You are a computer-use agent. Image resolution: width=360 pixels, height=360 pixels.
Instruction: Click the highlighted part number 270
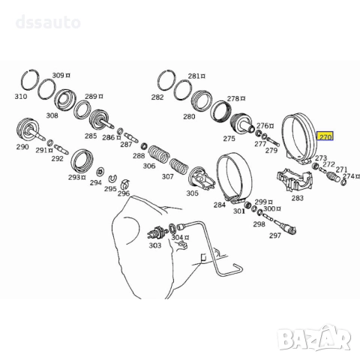325,136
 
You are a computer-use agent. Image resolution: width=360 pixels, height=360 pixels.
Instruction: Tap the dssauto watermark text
48,22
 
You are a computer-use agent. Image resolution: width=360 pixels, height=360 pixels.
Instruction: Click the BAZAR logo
315,338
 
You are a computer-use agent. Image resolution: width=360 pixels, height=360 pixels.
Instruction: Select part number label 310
21,96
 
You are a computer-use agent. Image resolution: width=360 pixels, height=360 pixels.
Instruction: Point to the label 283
297,198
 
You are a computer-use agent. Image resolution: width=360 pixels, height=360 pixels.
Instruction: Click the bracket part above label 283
294,179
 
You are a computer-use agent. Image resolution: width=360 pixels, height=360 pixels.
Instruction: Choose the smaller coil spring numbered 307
178,166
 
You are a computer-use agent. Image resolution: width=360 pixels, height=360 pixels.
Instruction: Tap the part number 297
275,235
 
